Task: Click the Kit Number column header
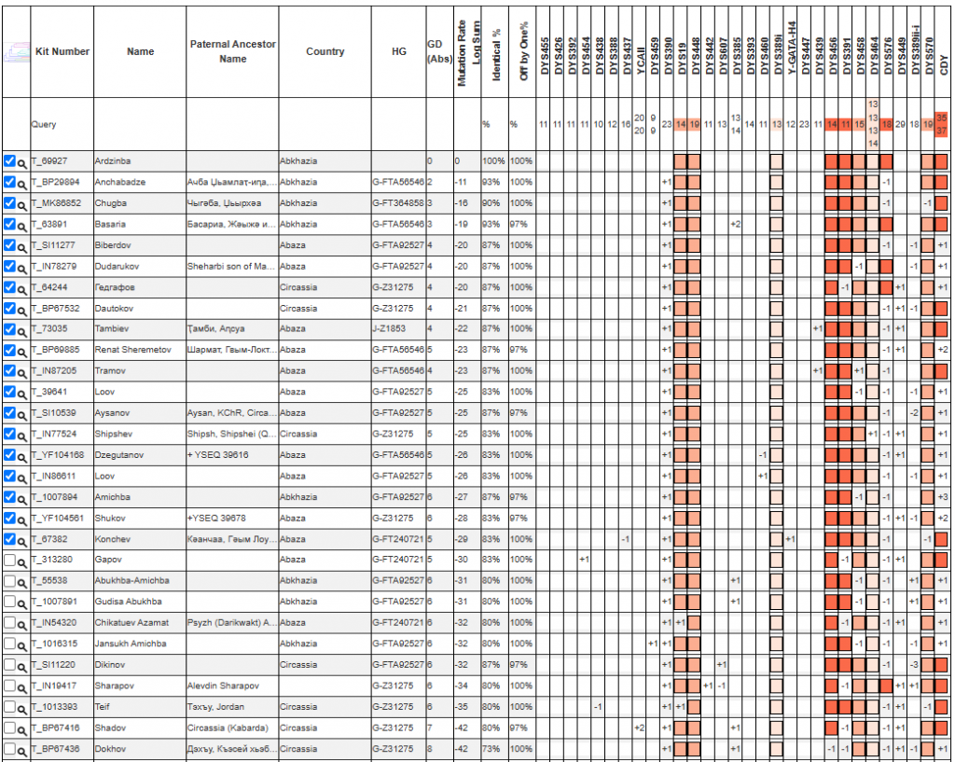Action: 62,51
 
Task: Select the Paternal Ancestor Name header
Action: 232,51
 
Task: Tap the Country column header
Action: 325,51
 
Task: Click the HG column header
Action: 398,51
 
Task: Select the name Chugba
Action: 110,203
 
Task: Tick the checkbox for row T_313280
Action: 9,560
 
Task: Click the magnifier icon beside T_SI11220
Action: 21,665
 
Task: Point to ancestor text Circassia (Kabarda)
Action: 227,727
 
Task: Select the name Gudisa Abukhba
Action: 128,602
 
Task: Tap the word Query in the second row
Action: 44,123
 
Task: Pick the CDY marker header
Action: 943,65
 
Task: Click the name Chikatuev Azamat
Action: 131,622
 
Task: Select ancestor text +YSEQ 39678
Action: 216,518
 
